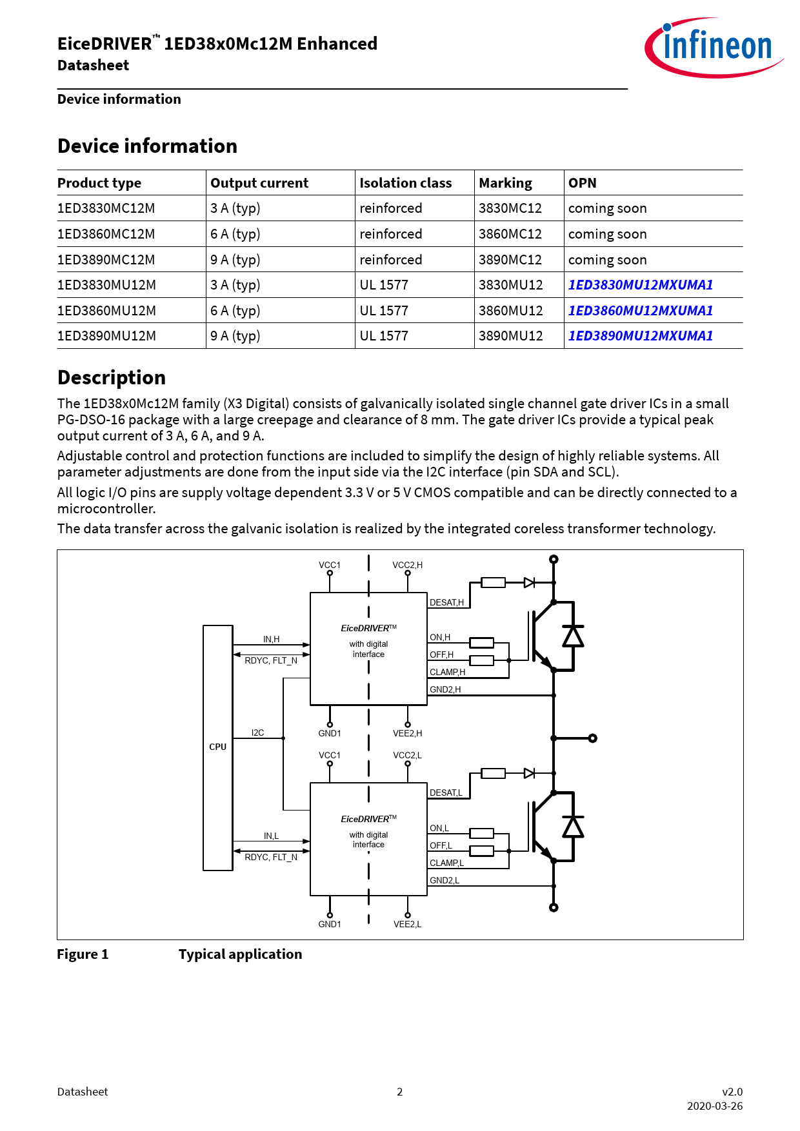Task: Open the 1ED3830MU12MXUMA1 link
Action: (640, 285)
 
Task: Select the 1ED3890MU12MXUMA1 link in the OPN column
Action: (640, 336)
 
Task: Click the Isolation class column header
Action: (405, 183)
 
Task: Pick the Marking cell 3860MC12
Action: (510, 234)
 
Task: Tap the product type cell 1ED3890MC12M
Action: (106, 260)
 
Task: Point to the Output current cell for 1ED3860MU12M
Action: (235, 311)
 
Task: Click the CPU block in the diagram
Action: (217, 747)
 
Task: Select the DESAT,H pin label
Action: (446, 603)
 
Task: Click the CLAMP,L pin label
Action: (446, 863)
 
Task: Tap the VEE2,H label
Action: (407, 734)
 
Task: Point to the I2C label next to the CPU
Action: (257, 733)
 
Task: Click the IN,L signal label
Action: (271, 836)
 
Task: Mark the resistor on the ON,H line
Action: (481, 643)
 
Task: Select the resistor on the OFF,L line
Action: (481, 851)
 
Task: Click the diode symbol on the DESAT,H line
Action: (529, 583)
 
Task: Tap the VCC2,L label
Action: (407, 756)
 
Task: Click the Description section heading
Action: (112, 378)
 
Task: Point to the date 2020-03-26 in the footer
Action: (714, 1106)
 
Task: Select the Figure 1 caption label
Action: (83, 954)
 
